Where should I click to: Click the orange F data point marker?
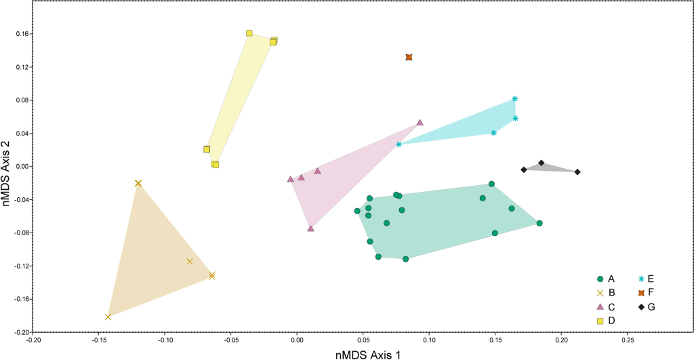tap(409, 58)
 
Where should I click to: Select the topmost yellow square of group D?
tap(249, 33)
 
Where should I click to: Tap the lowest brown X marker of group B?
tap(108, 317)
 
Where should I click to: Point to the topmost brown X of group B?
tap(138, 183)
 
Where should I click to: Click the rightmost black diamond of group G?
tap(577, 172)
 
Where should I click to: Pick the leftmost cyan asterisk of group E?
tap(399, 144)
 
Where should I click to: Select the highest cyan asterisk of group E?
tap(515, 99)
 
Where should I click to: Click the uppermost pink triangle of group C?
tap(420, 123)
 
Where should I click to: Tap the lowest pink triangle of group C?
tap(310, 228)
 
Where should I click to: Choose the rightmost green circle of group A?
tap(539, 223)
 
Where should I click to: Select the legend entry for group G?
tap(647, 307)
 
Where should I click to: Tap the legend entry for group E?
tap(647, 279)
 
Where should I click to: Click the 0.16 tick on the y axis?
tap(26, 34)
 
